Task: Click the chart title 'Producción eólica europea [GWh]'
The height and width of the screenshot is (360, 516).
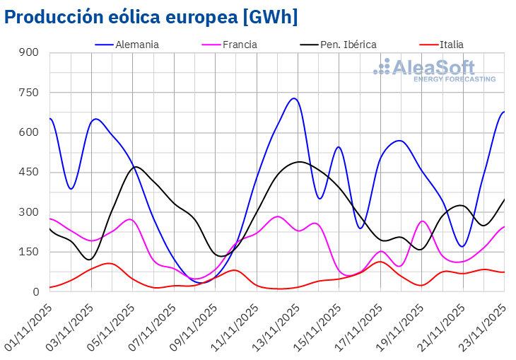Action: click(151, 17)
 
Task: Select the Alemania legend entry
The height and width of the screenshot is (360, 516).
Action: click(136, 45)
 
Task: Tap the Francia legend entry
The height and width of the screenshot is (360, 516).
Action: click(239, 45)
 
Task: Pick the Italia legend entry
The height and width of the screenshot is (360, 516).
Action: click(451, 45)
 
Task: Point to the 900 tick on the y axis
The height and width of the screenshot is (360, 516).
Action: click(29, 53)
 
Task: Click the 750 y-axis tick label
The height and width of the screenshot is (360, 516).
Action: click(29, 93)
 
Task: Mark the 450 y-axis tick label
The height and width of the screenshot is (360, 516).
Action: click(29, 173)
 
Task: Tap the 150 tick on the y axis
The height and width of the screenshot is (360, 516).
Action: click(29, 252)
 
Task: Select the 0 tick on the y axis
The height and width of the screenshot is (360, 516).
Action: click(35, 292)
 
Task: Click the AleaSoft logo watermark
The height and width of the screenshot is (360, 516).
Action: click(435, 71)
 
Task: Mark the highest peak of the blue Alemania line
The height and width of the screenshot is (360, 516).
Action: click(294, 98)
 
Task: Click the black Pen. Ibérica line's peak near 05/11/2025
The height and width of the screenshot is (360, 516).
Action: click(136, 167)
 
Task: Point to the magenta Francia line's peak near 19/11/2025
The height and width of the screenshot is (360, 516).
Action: click(422, 221)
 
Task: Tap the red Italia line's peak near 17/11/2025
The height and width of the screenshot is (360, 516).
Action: click(380, 262)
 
